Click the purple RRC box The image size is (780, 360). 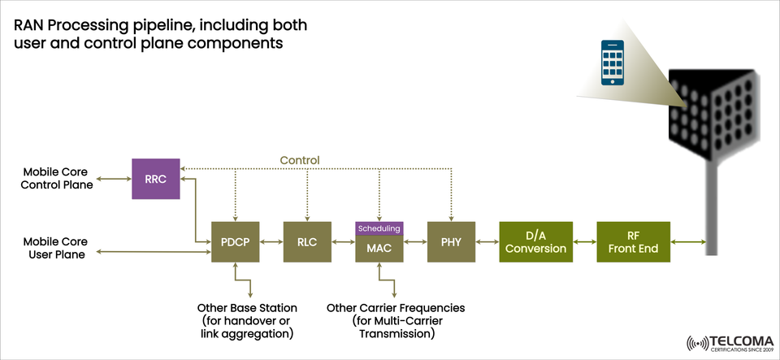point(155,179)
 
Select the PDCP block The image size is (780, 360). point(235,242)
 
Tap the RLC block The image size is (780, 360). point(307,242)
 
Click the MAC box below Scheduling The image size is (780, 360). point(379,249)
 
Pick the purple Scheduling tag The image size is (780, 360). point(379,228)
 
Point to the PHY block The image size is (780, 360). point(451,242)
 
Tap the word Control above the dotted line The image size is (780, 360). point(300,160)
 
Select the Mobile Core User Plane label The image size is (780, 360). point(55,248)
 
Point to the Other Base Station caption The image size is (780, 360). point(247,321)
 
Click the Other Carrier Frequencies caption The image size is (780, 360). point(395,321)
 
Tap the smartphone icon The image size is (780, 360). point(613,63)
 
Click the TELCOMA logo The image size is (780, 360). point(726,342)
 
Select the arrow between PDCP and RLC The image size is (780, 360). point(271,242)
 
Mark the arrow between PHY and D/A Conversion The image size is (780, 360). point(487,242)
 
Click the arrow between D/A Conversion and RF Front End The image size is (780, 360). point(584,242)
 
